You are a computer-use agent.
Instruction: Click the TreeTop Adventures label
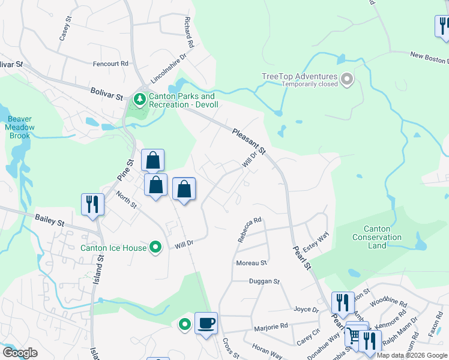pos(300,77)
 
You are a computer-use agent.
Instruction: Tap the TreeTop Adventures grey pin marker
pos(347,79)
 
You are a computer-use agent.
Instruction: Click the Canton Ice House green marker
pos(156,247)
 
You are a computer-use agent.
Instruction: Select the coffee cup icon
pos(206,323)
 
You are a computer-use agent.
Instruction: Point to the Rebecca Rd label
pos(250,229)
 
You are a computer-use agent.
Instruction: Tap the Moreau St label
pos(252,263)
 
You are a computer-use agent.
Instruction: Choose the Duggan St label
pos(265,281)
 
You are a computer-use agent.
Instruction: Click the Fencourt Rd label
pos(111,63)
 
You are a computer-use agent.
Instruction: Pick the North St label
pos(127,200)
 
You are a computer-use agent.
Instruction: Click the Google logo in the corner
pos(20,353)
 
